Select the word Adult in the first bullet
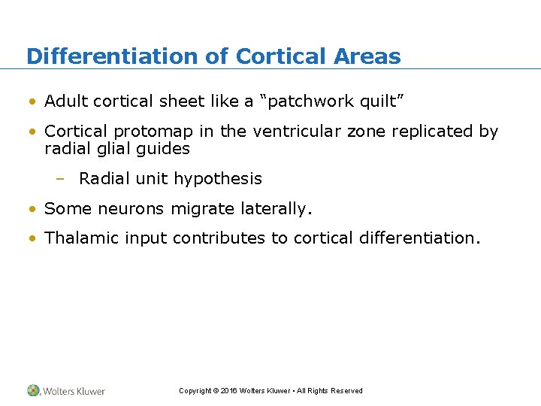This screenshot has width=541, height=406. [65, 101]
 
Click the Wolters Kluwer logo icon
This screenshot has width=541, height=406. [34, 390]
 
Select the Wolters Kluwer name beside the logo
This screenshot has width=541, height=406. [74, 391]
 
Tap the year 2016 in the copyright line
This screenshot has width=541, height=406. [228, 391]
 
